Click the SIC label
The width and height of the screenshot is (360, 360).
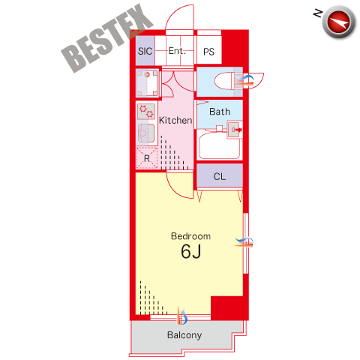tap(145, 51)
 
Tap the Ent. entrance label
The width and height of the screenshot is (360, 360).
tap(177, 51)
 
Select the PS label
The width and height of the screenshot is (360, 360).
tap(208, 52)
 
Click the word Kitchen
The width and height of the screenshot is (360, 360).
tap(175, 120)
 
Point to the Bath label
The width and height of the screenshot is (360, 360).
tap(220, 112)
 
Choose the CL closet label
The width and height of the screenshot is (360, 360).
tap(220, 176)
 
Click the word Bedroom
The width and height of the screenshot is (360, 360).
tap(190, 236)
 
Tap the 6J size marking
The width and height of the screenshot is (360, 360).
tap(191, 251)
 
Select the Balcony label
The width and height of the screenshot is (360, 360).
tap(184, 335)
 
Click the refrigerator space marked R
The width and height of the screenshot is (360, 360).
tap(147, 158)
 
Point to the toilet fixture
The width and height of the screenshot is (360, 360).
tap(228, 81)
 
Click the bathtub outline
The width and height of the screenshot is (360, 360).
tap(220, 145)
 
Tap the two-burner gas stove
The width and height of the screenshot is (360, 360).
tap(146, 111)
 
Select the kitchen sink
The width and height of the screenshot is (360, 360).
tap(146, 133)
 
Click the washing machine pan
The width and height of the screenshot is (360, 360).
tap(147, 83)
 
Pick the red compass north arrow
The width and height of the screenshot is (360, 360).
tap(338, 22)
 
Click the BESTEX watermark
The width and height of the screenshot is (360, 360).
tap(107, 38)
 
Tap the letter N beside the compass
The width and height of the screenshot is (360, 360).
tap(318, 13)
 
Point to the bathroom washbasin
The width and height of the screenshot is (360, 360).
tap(234, 130)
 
